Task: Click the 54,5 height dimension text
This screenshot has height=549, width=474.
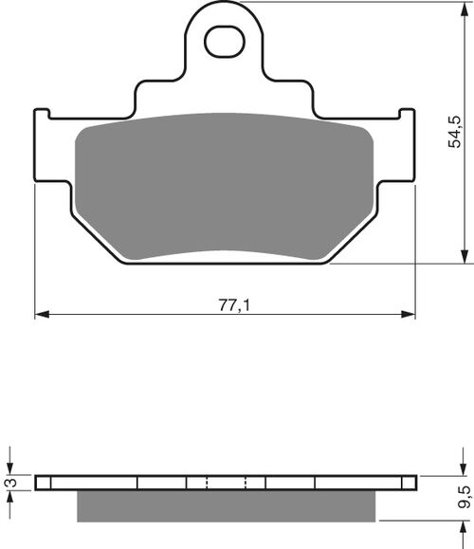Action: click(x=456, y=134)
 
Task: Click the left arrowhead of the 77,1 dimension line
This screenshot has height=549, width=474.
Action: click(x=41, y=313)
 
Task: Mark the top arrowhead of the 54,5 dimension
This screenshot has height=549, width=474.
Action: click(x=465, y=9)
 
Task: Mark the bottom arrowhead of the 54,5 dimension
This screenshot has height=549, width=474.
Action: click(x=465, y=257)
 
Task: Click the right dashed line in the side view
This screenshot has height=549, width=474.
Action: click(x=246, y=483)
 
